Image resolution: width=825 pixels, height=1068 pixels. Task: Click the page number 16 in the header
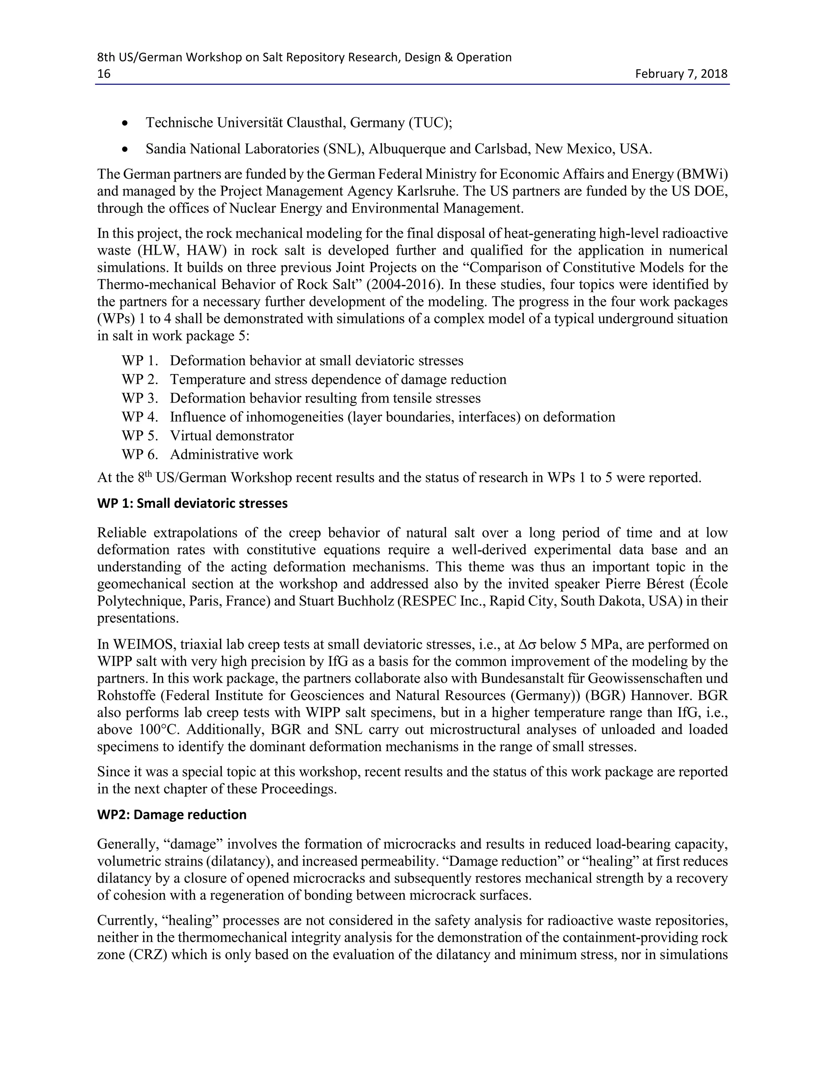click(104, 74)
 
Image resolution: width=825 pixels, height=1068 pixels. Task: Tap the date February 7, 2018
click(681, 74)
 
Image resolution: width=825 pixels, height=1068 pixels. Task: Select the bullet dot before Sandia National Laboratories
click(126, 149)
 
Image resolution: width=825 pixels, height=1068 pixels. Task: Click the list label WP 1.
click(140, 361)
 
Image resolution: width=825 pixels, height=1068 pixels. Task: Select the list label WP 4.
click(140, 417)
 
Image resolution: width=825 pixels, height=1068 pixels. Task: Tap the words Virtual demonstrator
click(232, 436)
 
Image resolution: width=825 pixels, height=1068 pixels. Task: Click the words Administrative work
click(231, 455)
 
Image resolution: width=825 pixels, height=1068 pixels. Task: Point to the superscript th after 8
click(152, 474)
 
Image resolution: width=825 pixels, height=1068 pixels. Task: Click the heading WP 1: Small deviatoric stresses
click(192, 503)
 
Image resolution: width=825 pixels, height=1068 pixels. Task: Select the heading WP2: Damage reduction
click(172, 815)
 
